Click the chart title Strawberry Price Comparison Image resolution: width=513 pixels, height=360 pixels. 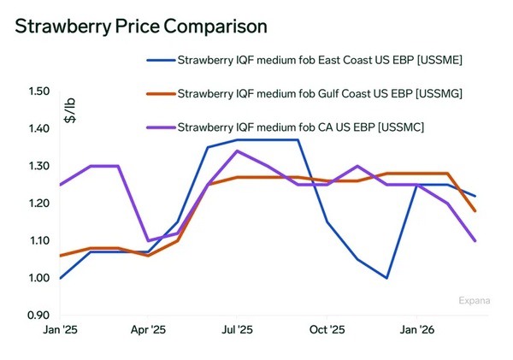(141, 26)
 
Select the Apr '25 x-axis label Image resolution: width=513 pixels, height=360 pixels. (147, 328)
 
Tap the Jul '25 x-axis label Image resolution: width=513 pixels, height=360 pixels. (237, 328)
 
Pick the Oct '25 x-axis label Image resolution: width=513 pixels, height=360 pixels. (327, 328)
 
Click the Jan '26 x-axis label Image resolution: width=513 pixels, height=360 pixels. (416, 328)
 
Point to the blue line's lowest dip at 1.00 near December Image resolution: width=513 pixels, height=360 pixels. (386, 278)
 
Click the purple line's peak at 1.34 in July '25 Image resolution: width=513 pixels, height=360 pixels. (237, 150)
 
